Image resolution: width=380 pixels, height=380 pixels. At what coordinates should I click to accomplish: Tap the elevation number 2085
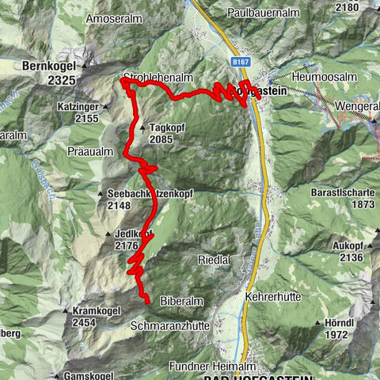(161, 139)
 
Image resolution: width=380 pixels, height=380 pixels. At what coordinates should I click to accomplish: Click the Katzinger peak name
(100, 105)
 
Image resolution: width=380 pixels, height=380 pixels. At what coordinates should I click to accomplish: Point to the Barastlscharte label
(341, 191)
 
